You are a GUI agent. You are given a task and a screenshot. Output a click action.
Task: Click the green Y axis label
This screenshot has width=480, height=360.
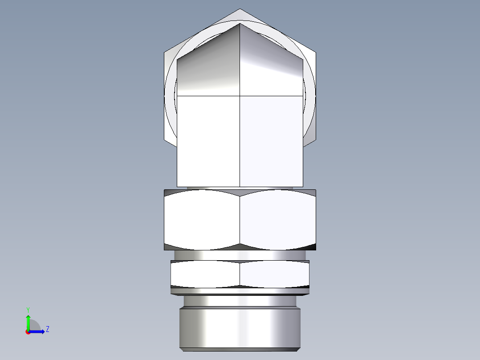coord(28,309)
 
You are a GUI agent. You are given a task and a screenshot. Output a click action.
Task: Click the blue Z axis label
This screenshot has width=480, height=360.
coord(47,329)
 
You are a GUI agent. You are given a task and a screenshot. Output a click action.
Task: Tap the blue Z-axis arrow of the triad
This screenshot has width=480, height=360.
coord(38,331)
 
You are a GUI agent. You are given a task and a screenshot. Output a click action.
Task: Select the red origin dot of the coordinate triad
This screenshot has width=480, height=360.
coord(28,332)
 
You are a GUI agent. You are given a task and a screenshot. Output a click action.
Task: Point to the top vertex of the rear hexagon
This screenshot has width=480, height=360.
coord(240,9)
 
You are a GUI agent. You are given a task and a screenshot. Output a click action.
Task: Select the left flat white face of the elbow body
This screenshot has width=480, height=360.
coord(208,141)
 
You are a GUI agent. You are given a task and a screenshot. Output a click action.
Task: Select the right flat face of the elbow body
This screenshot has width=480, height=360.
coord(272,141)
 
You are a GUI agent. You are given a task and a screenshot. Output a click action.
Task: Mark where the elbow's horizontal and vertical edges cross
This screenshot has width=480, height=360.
coord(240,96)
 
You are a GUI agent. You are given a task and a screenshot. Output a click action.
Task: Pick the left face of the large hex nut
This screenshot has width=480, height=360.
coord(202,219)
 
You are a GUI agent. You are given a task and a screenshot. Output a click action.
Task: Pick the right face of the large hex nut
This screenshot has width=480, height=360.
coord(278,219)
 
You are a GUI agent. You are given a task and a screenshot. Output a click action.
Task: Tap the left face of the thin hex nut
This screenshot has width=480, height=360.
coord(205,274)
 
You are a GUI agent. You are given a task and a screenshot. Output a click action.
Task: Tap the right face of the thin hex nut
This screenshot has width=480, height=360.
coord(274,274)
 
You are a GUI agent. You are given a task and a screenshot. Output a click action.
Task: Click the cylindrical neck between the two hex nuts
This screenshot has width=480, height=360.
coord(240,255)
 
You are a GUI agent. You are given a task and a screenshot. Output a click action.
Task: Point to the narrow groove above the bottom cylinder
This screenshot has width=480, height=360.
coord(240,301)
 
